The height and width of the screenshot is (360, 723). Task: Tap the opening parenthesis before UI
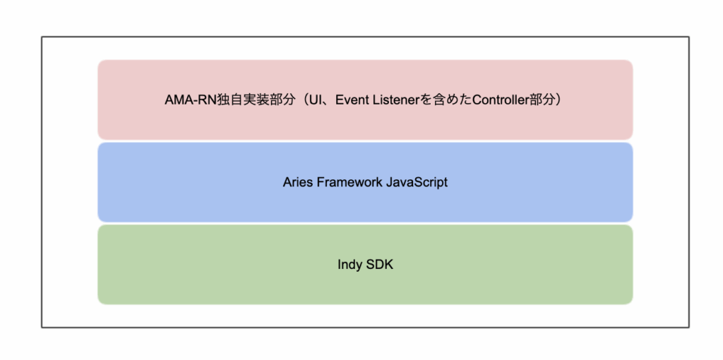pos(304,100)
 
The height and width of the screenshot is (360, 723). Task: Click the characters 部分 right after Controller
pos(539,100)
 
